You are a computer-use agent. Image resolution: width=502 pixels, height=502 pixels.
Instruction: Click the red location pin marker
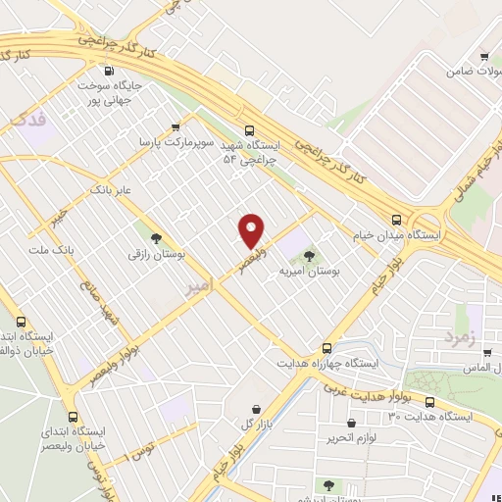pyautogui.click(x=252, y=229)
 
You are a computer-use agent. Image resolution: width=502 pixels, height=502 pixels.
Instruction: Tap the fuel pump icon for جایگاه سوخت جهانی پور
pyautogui.click(x=108, y=71)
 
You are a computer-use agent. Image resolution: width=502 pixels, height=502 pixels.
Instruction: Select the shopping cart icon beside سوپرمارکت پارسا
pyautogui.click(x=176, y=127)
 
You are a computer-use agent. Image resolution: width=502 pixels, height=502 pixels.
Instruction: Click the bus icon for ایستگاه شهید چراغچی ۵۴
pyautogui.click(x=248, y=129)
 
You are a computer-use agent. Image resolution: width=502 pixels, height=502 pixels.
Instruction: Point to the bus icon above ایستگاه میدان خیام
pyautogui.click(x=396, y=220)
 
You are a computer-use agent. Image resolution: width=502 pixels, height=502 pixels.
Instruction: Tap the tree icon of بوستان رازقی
pyautogui.click(x=155, y=237)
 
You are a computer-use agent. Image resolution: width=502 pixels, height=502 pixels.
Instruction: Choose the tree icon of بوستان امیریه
pyautogui.click(x=310, y=255)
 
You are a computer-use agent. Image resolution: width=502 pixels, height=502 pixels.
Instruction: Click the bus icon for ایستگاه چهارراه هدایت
pyautogui.click(x=326, y=347)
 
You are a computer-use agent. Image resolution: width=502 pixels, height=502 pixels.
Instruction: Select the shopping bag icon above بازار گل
pyautogui.click(x=256, y=408)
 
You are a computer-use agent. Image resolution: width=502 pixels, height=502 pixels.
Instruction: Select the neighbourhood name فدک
pyautogui.click(x=26, y=119)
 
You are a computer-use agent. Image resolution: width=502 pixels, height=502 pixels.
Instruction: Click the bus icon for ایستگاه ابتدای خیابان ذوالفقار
pyautogui.click(x=22, y=322)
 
